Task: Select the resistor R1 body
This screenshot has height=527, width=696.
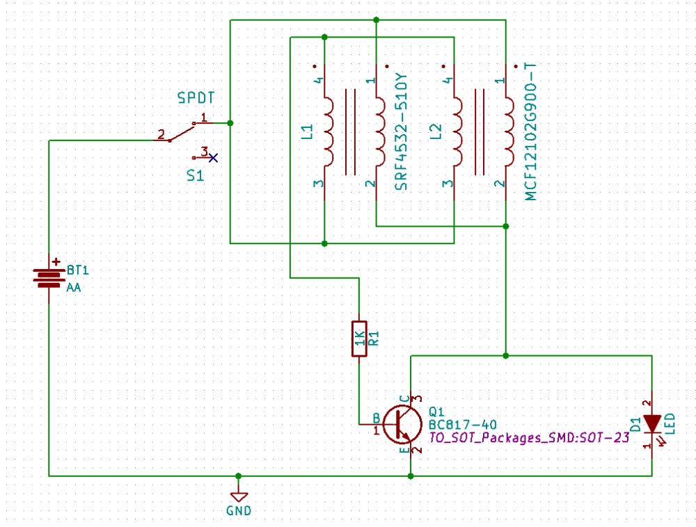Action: (x=358, y=339)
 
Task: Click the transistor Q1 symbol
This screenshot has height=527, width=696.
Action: (x=402, y=423)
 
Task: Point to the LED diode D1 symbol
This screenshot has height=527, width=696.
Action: (x=652, y=423)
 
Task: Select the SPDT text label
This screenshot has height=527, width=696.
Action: (x=196, y=98)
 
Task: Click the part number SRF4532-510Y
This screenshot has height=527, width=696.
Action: (x=401, y=133)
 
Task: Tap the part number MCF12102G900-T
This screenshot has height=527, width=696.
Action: (x=531, y=131)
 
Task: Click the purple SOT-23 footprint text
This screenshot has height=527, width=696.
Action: (x=528, y=437)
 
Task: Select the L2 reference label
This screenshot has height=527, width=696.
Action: (x=436, y=132)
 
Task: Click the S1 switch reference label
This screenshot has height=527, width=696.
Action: (x=196, y=176)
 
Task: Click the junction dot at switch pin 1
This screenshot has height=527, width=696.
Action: (x=230, y=123)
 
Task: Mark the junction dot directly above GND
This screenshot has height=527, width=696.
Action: (x=239, y=476)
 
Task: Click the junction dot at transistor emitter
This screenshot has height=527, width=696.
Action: (x=411, y=476)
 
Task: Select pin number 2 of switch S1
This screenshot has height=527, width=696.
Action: (x=161, y=133)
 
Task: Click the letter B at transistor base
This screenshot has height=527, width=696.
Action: (x=377, y=418)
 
